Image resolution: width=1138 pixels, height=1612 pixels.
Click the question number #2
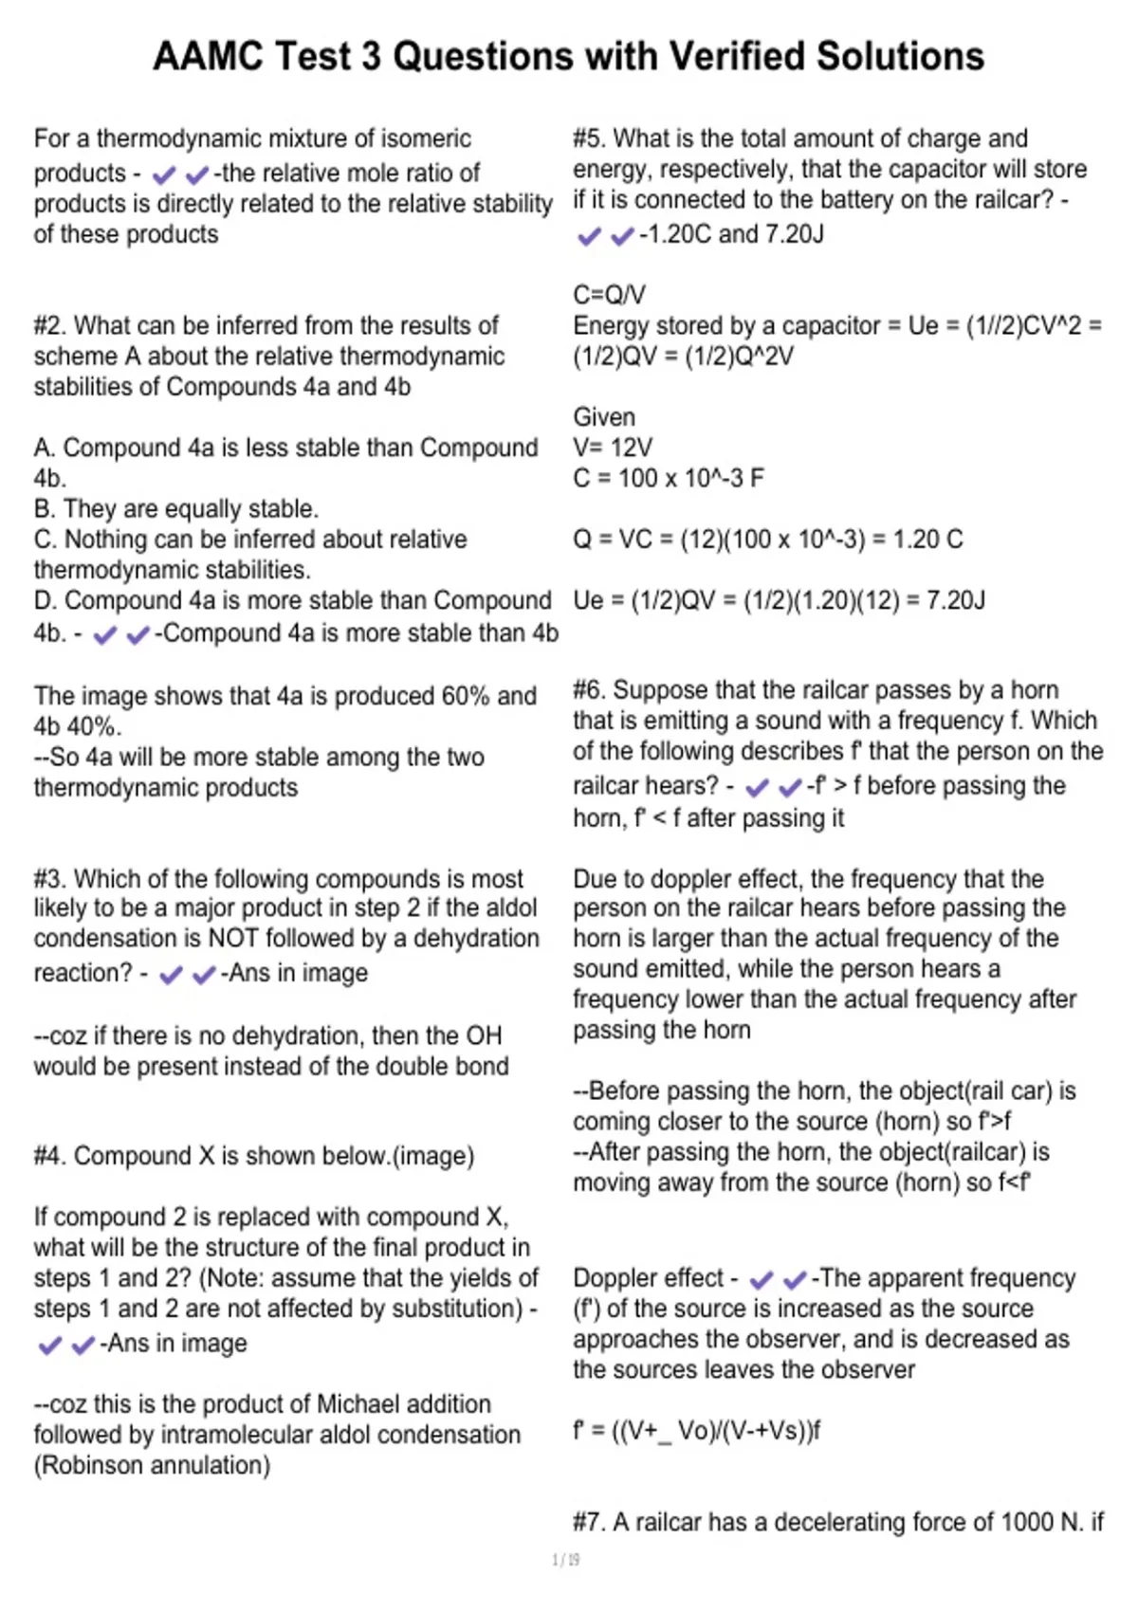(50, 326)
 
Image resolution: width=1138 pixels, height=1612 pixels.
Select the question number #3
(50, 879)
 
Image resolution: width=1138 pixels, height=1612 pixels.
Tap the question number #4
(50, 1156)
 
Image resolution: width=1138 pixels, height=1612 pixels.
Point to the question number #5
(589, 139)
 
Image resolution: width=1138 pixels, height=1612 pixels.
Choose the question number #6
(589, 690)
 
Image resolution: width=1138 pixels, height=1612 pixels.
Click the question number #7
(589, 1523)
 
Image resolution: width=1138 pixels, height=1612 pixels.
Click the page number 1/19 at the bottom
(566, 1560)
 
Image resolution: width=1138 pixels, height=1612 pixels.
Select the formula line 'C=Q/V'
(609, 296)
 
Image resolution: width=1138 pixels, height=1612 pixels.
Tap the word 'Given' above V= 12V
(604, 417)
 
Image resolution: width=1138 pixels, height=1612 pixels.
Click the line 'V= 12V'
(613, 448)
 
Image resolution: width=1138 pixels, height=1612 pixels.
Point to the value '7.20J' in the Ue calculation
(956, 601)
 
